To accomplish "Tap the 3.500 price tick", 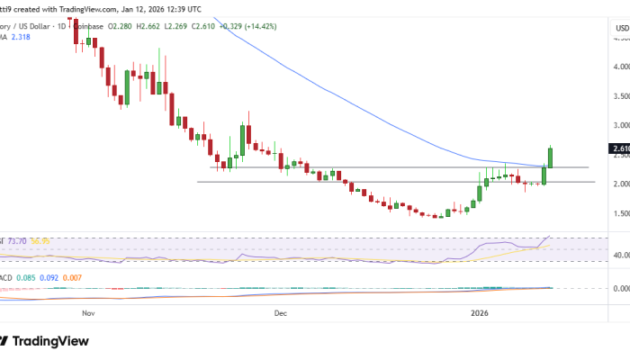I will (620, 95).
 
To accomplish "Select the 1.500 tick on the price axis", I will (620, 213).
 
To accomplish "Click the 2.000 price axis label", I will (620, 184).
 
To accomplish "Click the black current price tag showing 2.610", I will (619, 148).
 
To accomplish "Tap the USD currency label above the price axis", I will (620, 28).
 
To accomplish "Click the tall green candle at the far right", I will (549, 157).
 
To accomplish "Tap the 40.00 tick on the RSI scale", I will (620, 255).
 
